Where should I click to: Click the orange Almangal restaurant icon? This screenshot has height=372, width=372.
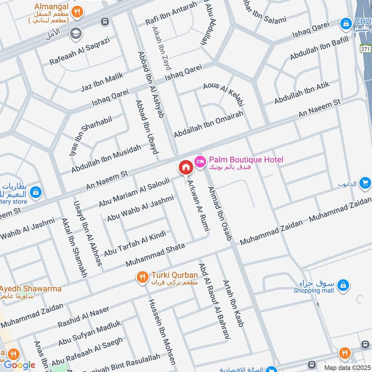click(79, 12)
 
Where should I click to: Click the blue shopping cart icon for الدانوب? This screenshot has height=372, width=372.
click(365, 183)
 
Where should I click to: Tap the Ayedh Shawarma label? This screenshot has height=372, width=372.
click(31, 289)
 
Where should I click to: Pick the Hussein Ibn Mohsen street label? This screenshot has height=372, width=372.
click(161, 331)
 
